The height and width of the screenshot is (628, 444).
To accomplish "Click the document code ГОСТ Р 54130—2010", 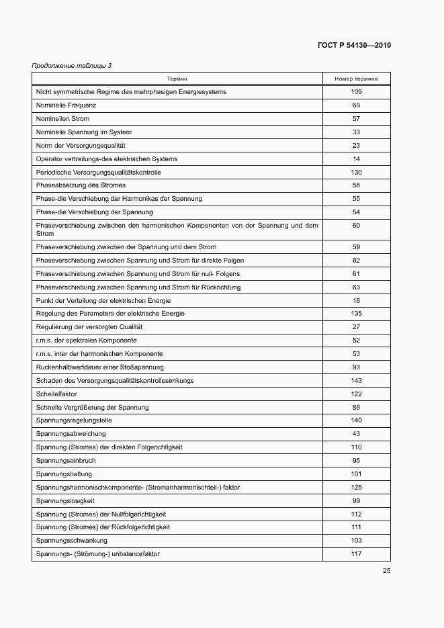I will [354, 46].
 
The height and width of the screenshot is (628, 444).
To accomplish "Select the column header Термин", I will [177, 79].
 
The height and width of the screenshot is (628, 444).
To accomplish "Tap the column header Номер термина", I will [356, 79].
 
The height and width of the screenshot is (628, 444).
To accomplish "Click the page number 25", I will [386, 570].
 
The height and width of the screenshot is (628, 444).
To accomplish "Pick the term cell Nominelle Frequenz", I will [66, 105].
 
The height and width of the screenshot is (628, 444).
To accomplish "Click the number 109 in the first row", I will [356, 92].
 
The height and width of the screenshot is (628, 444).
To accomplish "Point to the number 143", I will [356, 381].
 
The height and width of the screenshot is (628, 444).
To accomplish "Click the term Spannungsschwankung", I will [71, 541].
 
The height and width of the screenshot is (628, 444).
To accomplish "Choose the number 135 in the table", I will [356, 314].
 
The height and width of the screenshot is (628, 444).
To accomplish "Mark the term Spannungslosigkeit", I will [65, 501].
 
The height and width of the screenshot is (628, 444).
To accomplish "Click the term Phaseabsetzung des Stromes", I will [81, 185].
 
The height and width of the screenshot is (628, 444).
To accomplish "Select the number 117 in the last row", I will [356, 554].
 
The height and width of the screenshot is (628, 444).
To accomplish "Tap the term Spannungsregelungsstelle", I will [74, 420].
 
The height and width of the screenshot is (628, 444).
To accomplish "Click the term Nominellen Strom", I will [62, 119].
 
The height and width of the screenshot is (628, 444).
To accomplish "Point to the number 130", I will [356, 173].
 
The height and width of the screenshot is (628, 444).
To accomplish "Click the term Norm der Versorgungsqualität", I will [81, 146].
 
